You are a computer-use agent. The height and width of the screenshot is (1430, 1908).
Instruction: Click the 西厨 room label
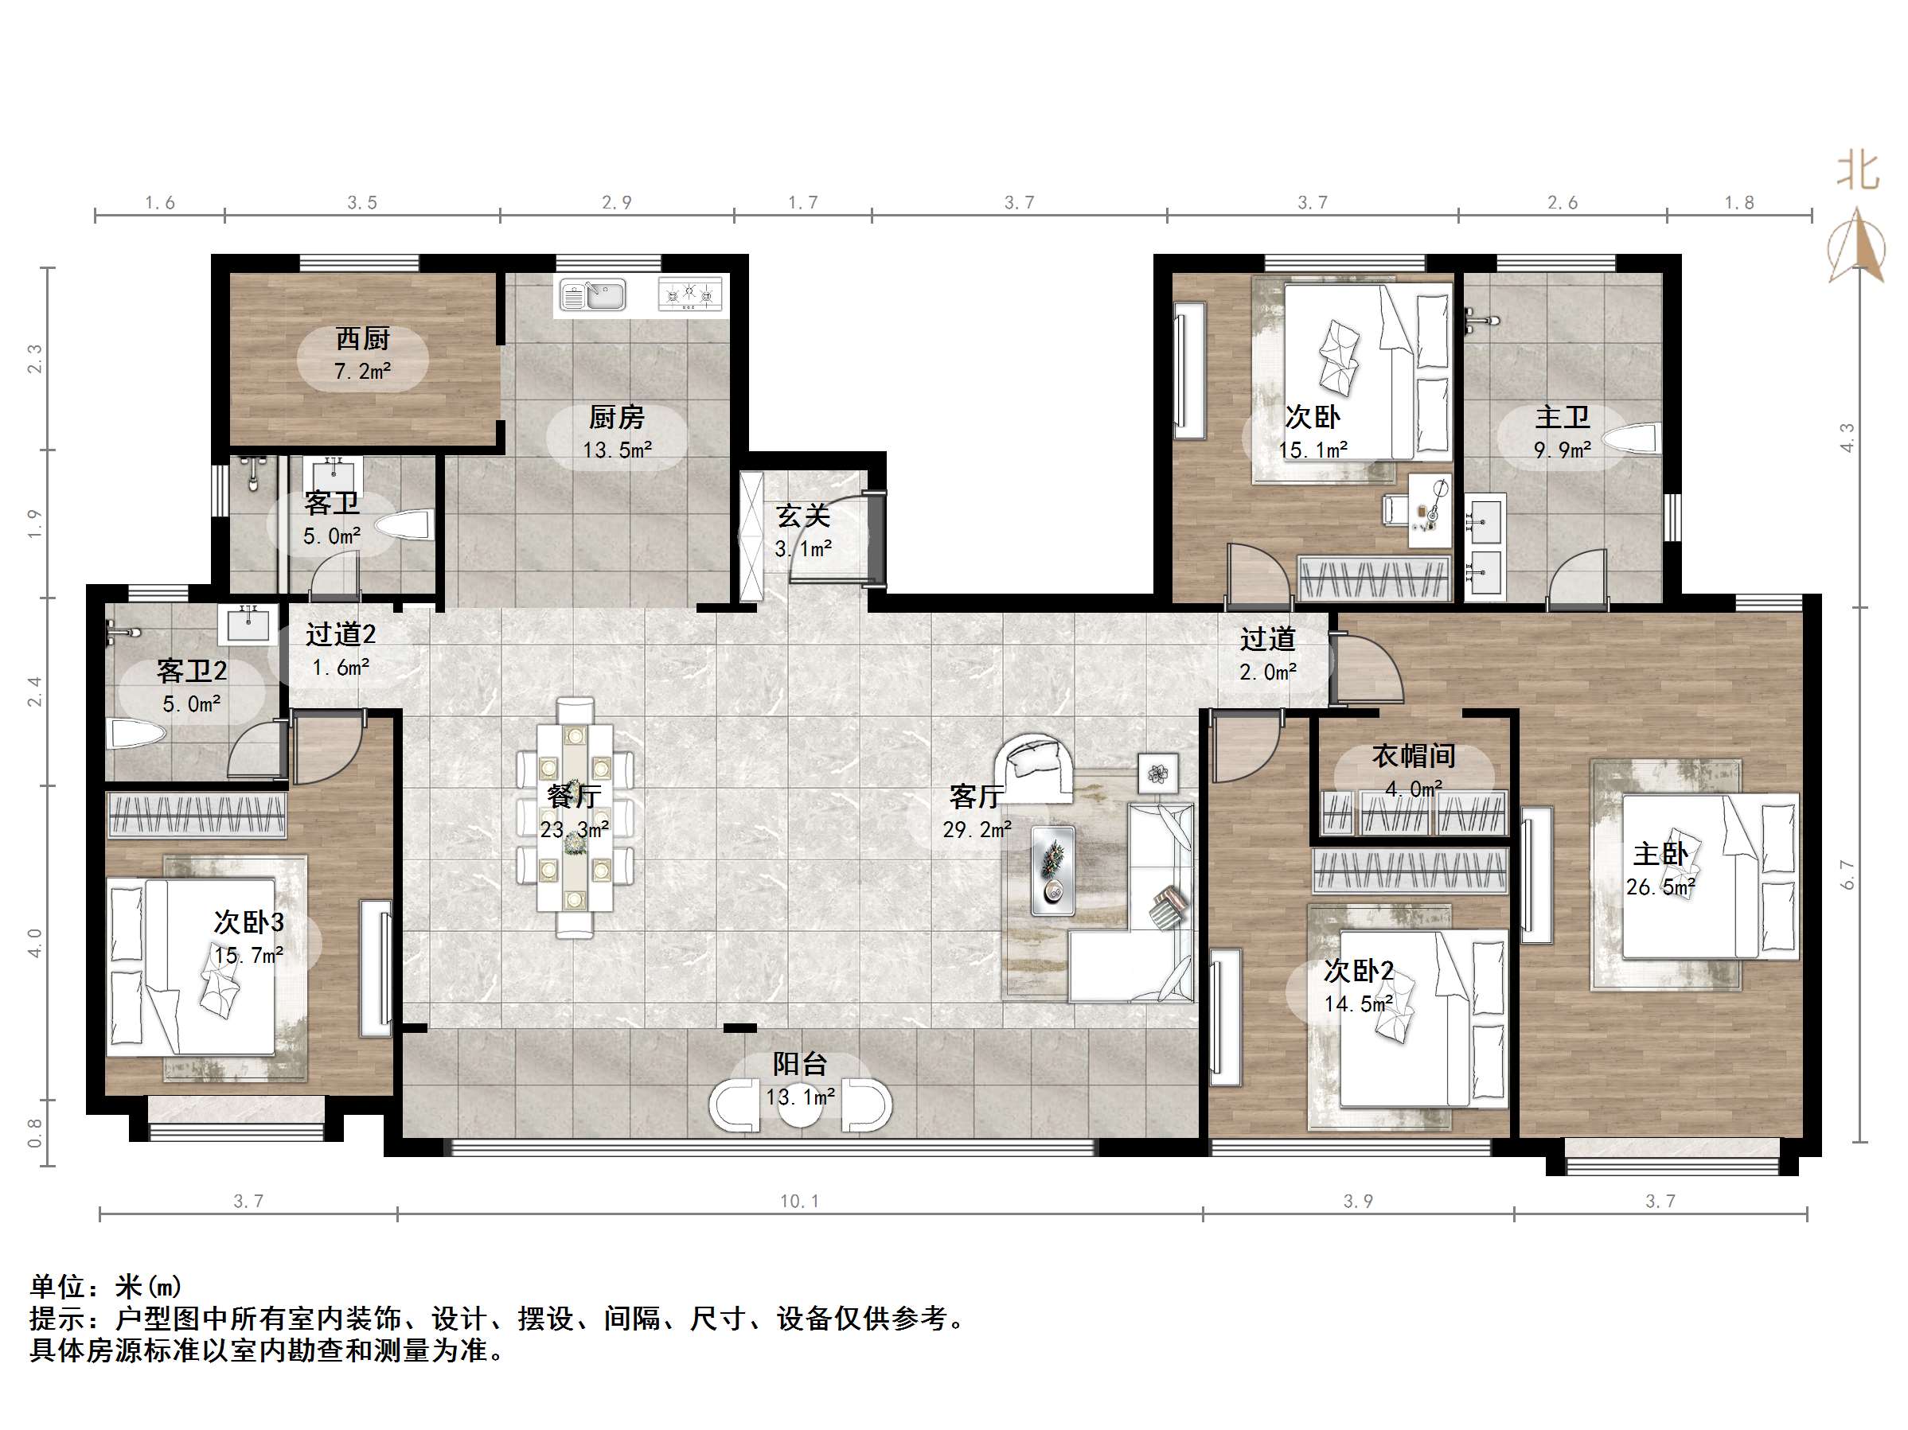[x=363, y=338]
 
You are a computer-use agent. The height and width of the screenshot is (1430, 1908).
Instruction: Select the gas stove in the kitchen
[x=690, y=294]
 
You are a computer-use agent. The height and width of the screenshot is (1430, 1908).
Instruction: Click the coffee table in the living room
[x=1053, y=871]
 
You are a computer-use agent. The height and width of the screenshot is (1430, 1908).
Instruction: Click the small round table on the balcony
[x=800, y=1105]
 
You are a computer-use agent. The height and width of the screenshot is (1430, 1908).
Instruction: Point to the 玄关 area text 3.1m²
[x=803, y=548]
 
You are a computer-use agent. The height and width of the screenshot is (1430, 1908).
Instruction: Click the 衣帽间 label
[x=1414, y=757]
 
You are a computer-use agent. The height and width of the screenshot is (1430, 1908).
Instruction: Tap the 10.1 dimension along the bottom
[x=800, y=1202]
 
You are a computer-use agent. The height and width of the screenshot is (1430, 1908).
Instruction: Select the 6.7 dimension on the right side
[x=1847, y=875]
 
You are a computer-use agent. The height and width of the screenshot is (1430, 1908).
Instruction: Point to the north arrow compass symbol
[x=1856, y=246]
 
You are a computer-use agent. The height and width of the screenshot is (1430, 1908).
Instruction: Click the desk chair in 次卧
[x=1394, y=508]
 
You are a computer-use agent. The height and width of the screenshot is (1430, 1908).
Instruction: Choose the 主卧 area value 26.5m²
[x=1661, y=886]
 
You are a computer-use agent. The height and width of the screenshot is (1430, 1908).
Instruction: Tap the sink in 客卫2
[x=248, y=624]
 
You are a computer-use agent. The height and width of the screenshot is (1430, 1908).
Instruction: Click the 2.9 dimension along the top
[x=617, y=203]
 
